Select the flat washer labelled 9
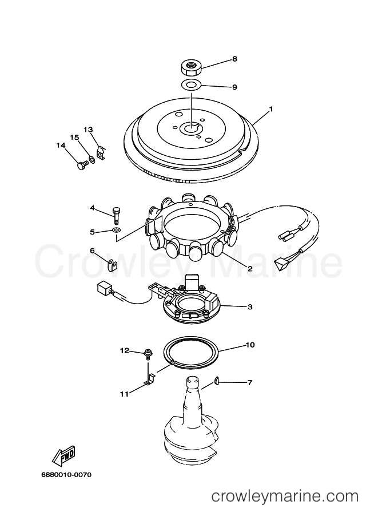point(191,85)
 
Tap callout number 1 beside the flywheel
point(270,108)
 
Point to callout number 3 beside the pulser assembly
point(250,306)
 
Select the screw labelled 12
point(148,354)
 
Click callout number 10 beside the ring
point(250,345)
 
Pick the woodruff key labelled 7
point(216,381)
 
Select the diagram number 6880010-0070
point(66,475)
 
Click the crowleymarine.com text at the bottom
point(285,496)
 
